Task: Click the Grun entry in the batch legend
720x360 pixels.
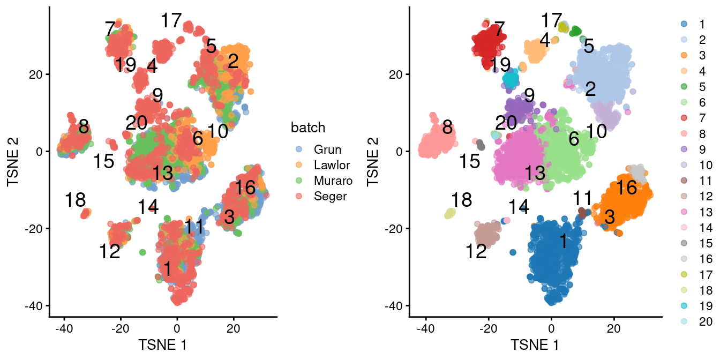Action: point(327,149)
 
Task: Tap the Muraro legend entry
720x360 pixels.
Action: point(333,181)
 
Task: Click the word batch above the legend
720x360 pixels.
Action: point(308,127)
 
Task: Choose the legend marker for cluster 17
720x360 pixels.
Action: point(683,274)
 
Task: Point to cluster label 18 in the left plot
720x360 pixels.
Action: point(75,200)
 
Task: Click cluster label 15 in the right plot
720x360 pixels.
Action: point(469,161)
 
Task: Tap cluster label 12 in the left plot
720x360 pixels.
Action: point(109,251)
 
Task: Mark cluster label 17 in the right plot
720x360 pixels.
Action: point(551,21)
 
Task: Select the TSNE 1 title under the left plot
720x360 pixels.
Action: point(162,343)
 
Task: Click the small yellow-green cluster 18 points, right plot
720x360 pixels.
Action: point(450,214)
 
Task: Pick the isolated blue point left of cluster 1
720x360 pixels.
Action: point(513,252)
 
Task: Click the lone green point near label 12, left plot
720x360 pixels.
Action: point(142,252)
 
